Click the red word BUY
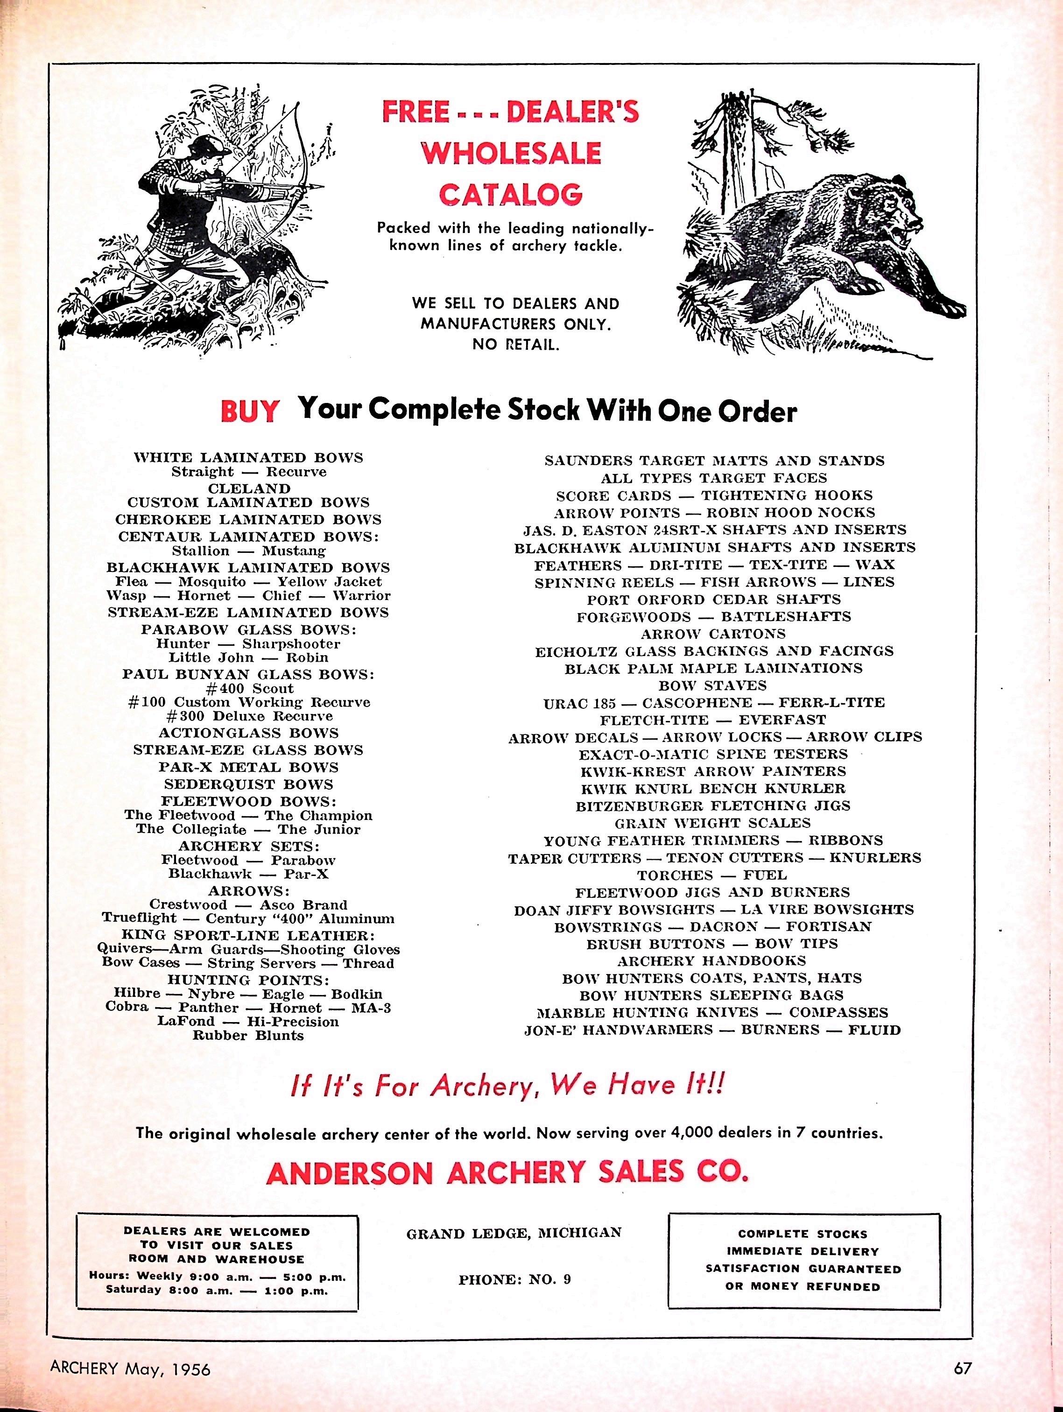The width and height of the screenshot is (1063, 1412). tap(250, 412)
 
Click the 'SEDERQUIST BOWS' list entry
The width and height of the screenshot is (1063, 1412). tap(248, 784)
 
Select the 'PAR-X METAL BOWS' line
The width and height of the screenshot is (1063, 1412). tap(248, 767)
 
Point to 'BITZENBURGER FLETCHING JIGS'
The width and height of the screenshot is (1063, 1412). tap(713, 805)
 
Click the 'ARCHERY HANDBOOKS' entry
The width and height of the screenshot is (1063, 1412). tap(711, 960)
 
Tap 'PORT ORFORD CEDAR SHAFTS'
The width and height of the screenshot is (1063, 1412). tap(713, 600)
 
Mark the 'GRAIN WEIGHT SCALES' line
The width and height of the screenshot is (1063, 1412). tap(712, 823)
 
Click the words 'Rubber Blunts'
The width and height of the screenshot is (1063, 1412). tap(248, 1035)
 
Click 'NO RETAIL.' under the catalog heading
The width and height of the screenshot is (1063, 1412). tap(515, 345)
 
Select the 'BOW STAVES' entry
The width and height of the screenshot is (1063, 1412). tap(712, 685)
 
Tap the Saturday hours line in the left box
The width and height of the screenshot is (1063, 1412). tap(218, 1290)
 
